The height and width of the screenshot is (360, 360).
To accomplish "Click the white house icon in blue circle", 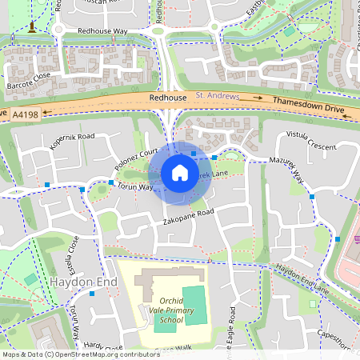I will tap(179, 173).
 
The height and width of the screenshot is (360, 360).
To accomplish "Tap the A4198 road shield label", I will tap(25, 115).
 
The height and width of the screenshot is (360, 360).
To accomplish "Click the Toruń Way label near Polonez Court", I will tap(134, 186).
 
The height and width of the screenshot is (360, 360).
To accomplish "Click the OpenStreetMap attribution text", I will tap(80, 354).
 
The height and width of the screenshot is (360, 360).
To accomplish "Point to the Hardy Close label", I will tap(104, 346).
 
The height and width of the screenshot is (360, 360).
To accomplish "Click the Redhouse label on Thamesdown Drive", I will tap(167, 97).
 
